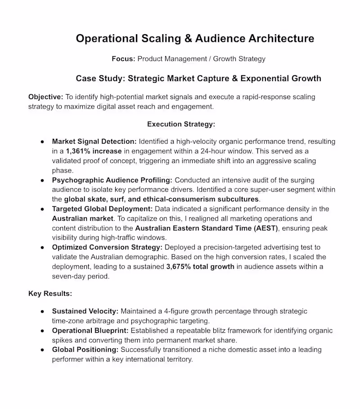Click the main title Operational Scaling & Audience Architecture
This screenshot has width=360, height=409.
pos(195,38)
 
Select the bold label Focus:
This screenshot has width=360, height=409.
pos(123,59)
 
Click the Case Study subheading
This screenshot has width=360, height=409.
pos(198,78)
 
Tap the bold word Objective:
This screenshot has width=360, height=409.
pos(46,97)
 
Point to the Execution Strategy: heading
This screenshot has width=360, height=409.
pos(181,124)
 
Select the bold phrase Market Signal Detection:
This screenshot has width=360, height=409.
pos(94,141)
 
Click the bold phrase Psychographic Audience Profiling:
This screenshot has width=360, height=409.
pos(112,180)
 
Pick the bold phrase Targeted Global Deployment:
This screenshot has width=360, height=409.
pos(103,209)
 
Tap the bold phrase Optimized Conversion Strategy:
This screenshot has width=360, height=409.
pos(107,247)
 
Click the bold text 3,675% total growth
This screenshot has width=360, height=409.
pos(200,266)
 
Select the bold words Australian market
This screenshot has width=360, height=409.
pos(82,218)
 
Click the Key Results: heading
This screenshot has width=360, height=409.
pos(50,293)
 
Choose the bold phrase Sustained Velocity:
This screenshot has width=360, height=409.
pos(85,311)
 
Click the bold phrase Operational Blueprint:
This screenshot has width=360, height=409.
pos(90,331)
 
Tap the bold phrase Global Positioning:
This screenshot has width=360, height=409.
pos(85,350)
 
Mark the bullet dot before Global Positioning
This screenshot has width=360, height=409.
pos(42,350)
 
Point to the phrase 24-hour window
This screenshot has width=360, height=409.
pos(243,151)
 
